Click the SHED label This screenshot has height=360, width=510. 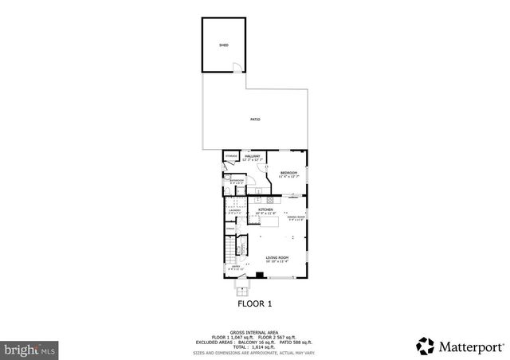224,45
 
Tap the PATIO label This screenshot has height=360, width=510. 255,119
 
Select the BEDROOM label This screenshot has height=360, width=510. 288,174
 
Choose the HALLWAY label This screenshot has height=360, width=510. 253,157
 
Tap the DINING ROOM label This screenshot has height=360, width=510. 297,217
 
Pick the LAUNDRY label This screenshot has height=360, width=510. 235,211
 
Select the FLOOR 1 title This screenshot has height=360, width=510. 255,303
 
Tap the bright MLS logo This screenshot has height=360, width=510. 30,349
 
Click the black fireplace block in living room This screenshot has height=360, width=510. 259,276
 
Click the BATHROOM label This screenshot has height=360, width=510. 236,181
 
